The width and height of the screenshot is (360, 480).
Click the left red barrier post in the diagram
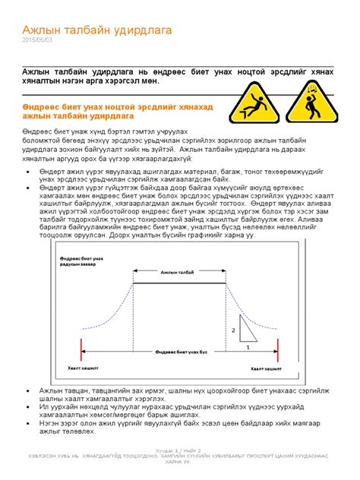[x=79, y=350]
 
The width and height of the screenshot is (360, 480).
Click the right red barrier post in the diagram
[x=278, y=350]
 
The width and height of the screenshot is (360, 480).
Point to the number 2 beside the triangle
[x=232, y=330]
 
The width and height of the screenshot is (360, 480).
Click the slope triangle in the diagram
[x=245, y=328]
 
